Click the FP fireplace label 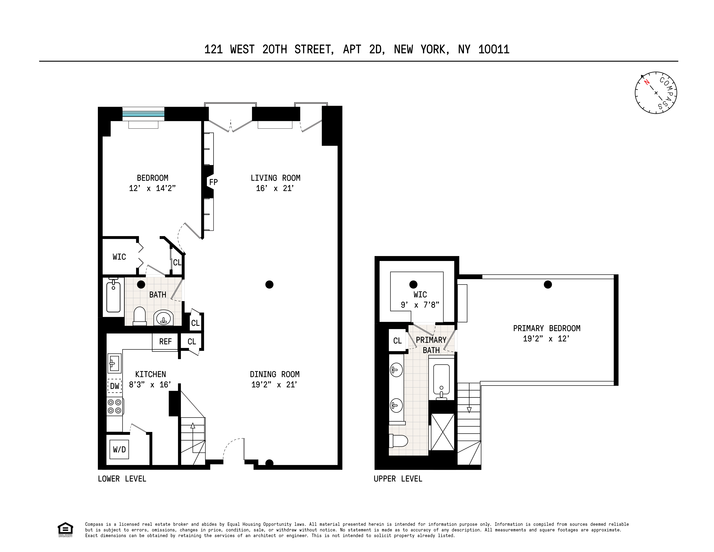click(x=213, y=182)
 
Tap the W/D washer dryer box click(x=119, y=449)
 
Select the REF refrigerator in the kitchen click(x=165, y=342)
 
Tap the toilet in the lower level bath click(x=140, y=316)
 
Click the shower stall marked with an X click(x=443, y=432)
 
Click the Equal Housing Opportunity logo click(x=65, y=530)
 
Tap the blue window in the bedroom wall click(x=143, y=114)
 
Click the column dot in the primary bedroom click(x=548, y=284)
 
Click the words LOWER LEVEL click(x=122, y=479)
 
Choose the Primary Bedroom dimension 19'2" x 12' click(x=546, y=339)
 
